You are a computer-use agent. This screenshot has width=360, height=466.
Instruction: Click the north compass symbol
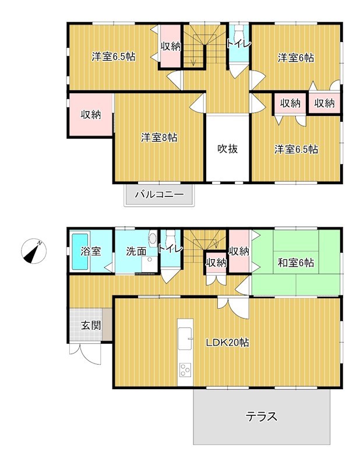click(x=34, y=251)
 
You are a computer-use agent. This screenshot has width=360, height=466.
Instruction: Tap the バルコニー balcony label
click(x=160, y=195)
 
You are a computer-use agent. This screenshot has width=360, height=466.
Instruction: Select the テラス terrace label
click(x=262, y=416)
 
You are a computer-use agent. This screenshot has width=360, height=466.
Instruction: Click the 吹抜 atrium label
click(x=227, y=149)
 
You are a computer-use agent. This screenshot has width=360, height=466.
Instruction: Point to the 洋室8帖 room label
click(x=159, y=137)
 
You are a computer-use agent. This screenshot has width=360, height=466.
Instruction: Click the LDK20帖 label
click(x=228, y=343)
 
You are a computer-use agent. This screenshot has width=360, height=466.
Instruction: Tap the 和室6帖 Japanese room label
click(x=296, y=263)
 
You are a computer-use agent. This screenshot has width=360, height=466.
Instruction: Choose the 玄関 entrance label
click(x=91, y=326)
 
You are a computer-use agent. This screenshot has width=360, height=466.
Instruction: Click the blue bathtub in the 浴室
click(x=80, y=252)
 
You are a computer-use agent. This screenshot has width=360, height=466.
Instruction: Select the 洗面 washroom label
click(x=136, y=252)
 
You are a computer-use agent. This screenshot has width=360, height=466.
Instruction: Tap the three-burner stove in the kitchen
click(x=185, y=370)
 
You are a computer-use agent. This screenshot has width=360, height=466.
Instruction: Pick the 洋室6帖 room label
click(x=296, y=58)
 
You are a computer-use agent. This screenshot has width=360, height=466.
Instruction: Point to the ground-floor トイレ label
click(x=170, y=248)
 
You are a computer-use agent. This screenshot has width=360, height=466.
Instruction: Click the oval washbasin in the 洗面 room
click(x=153, y=238)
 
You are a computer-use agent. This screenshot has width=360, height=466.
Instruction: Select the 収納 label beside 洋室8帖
click(x=91, y=115)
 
